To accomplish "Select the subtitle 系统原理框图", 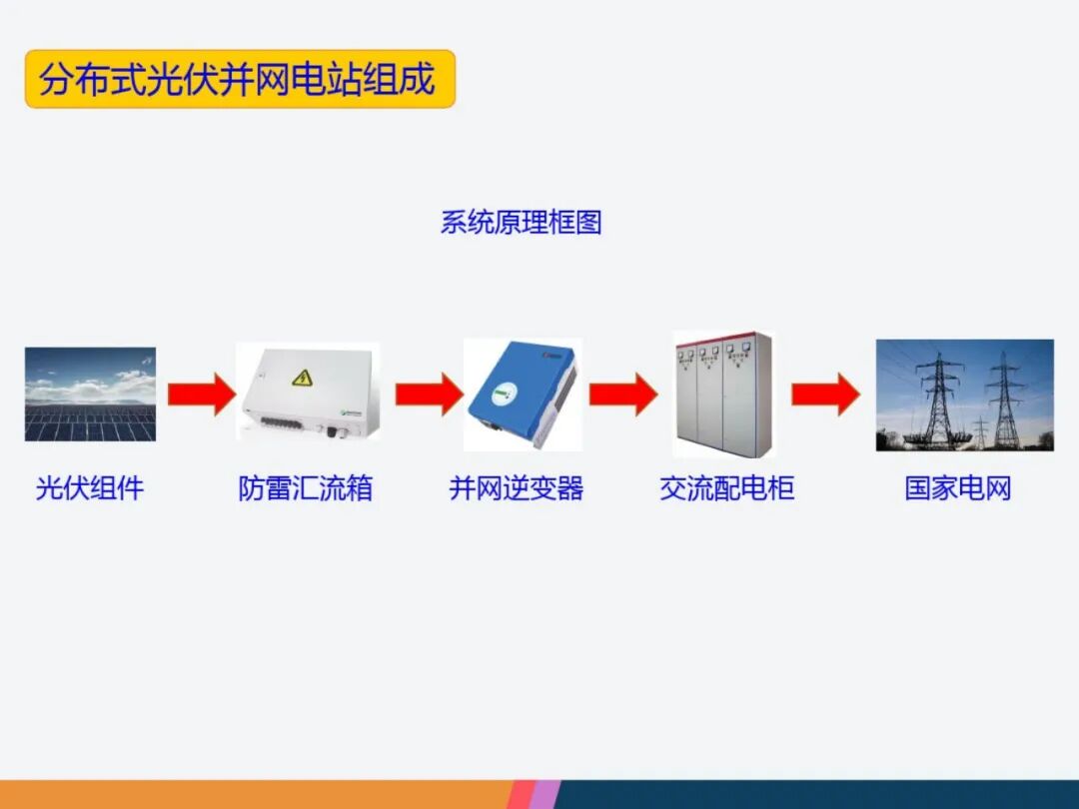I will click(x=521, y=222).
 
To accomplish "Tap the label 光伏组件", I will click(x=90, y=488).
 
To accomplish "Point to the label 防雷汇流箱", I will click(x=306, y=488).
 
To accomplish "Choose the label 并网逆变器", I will click(x=517, y=488).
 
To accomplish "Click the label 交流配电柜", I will click(x=727, y=488).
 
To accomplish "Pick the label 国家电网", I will click(x=958, y=488).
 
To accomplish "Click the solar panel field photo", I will click(x=90, y=395).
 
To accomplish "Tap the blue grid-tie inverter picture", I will click(x=523, y=393).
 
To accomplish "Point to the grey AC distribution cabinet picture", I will click(x=725, y=394).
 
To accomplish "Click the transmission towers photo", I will click(x=964, y=395).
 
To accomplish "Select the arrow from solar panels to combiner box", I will click(x=200, y=394).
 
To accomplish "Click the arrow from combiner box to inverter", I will click(x=429, y=394).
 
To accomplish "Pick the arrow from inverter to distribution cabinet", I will click(x=622, y=394).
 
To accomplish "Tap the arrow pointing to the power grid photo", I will click(x=825, y=394).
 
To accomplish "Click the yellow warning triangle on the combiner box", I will click(x=301, y=378).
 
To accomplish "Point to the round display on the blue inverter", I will click(x=500, y=397).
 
